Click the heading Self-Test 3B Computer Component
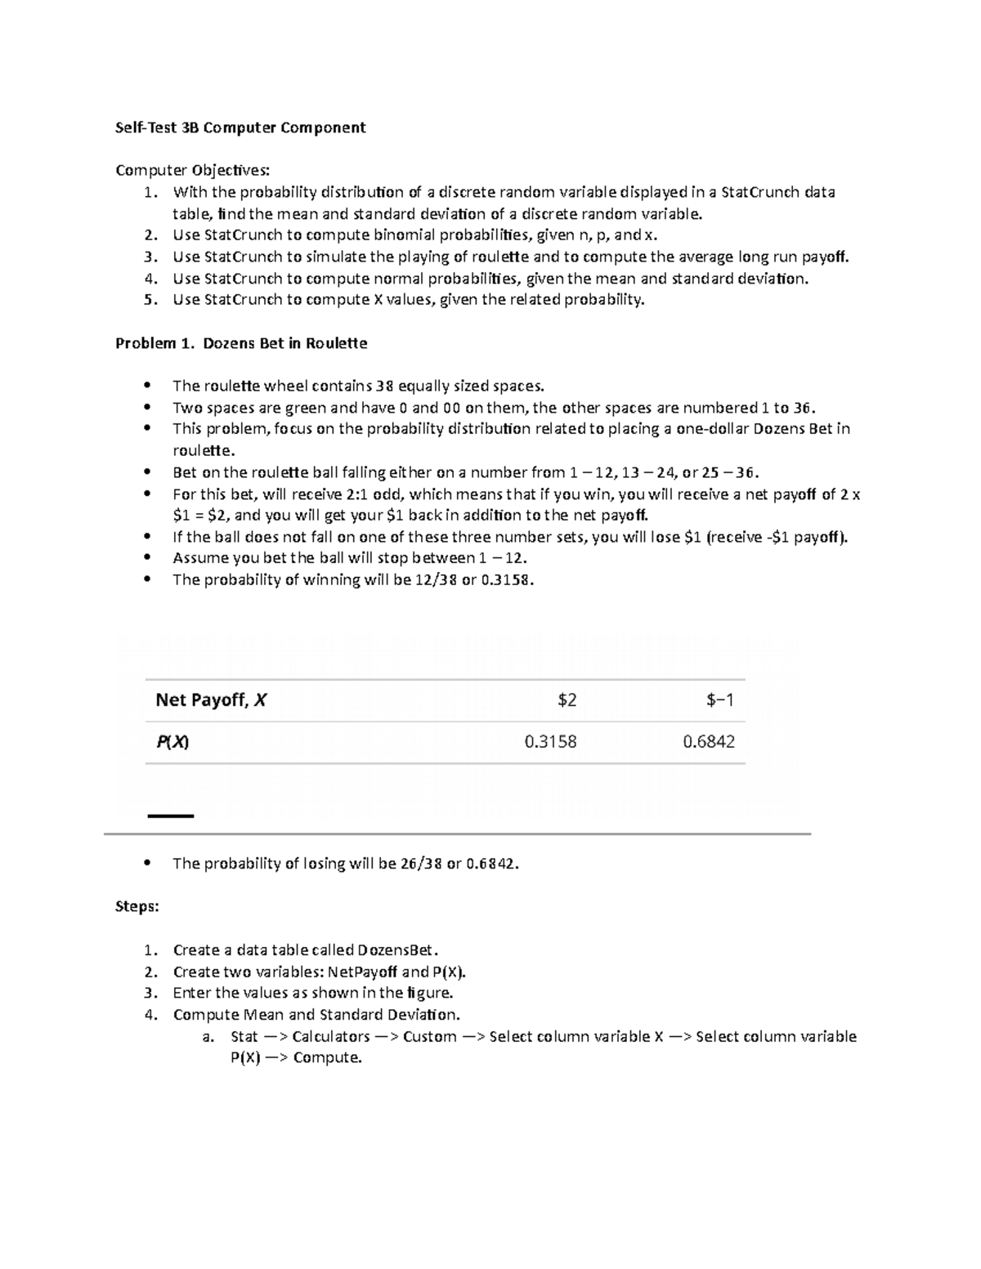tap(240, 127)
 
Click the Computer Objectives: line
tap(191, 170)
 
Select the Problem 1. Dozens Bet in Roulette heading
tap(241, 343)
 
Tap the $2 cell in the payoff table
tap(567, 700)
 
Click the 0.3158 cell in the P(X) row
tap(550, 742)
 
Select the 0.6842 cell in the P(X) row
tap(708, 742)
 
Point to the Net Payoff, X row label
tap(211, 700)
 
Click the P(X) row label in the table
tap(172, 742)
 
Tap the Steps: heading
tap(137, 907)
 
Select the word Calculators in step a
tap(330, 1036)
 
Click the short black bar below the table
tap(170, 815)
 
